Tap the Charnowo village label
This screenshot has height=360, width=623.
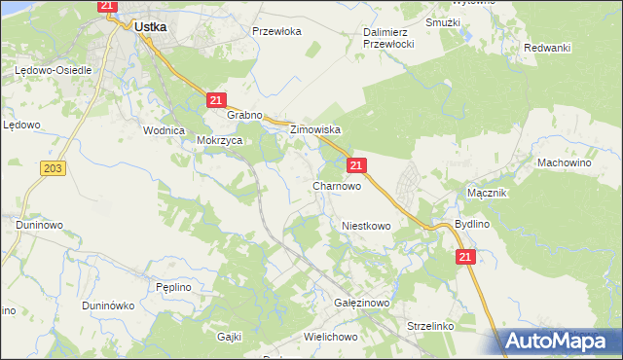337,185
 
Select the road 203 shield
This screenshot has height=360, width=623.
54,169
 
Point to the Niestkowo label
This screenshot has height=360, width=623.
366,226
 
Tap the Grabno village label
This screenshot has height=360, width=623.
245,115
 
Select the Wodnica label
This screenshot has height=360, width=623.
164,130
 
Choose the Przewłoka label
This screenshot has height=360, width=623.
277,31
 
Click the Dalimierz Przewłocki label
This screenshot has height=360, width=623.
389,38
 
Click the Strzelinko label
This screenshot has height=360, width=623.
431,326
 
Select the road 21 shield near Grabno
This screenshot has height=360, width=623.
217,100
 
